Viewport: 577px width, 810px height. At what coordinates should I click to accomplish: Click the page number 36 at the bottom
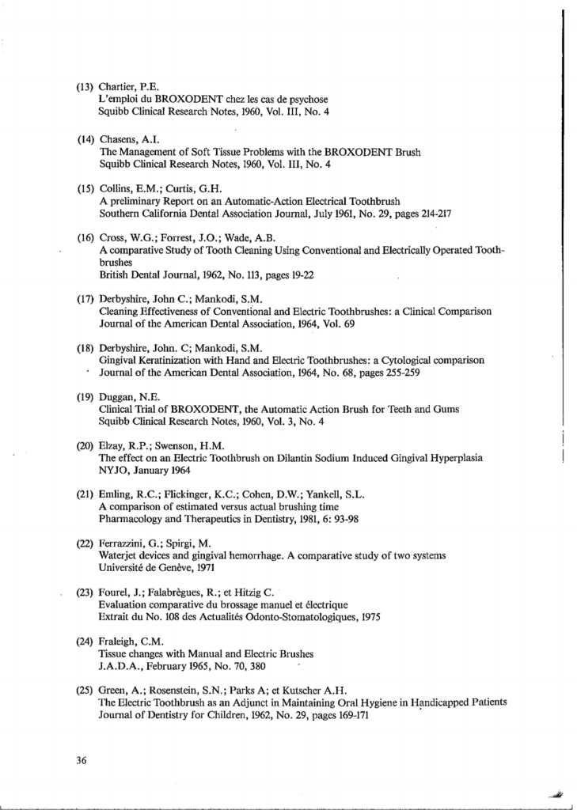point(80,761)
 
